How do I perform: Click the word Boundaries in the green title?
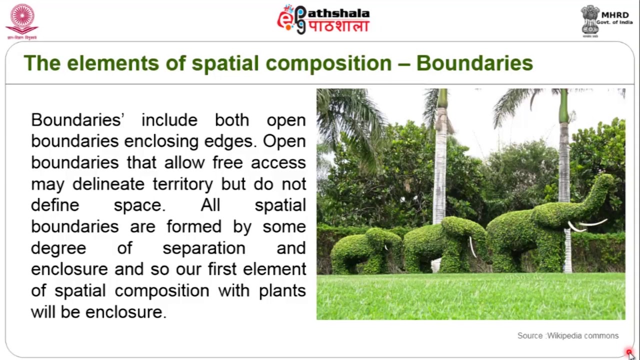coord(474,63)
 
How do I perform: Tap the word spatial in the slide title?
coord(225,63)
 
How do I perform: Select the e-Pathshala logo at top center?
coord(323,20)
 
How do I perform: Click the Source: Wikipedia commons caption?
coord(567,335)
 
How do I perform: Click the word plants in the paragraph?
coord(282,290)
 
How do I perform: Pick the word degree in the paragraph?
coord(58,248)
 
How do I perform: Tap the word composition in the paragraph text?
coord(161,290)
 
